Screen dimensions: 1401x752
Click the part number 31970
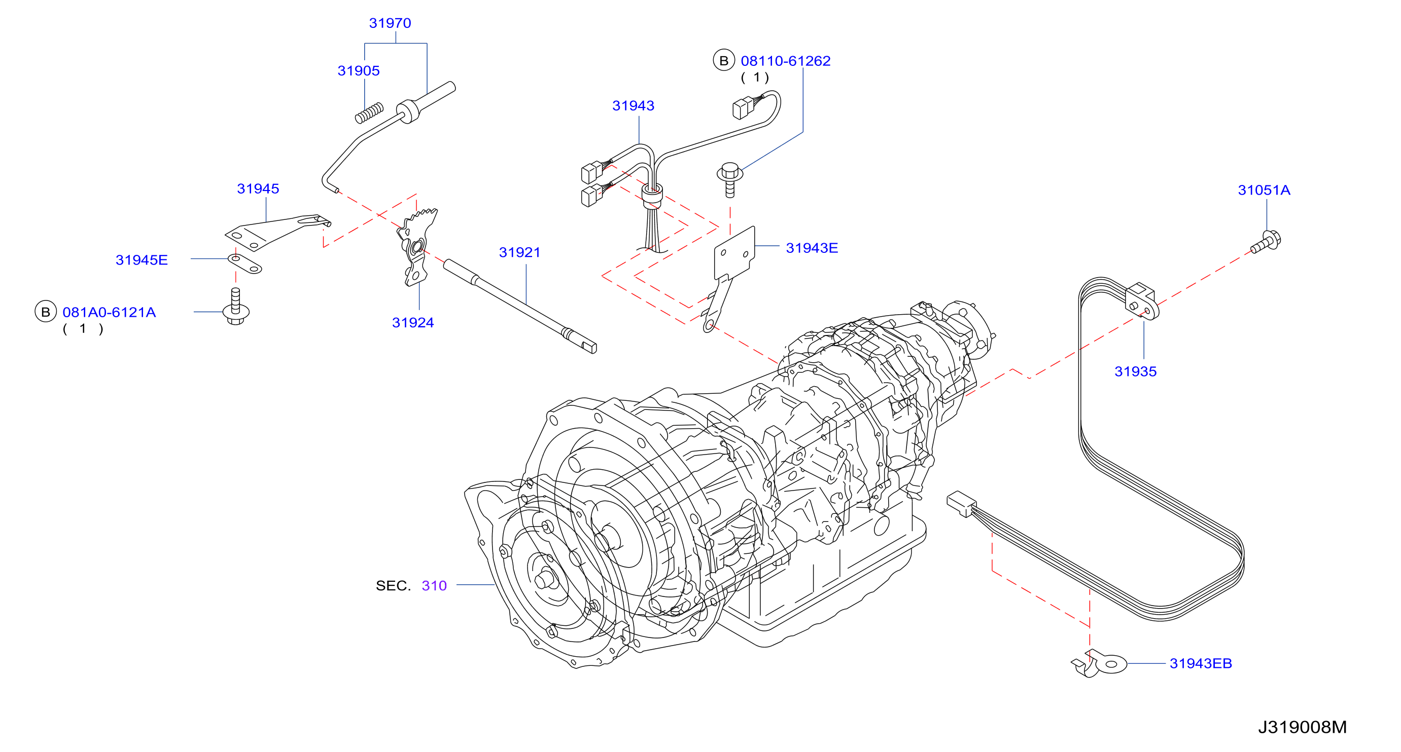click(390, 23)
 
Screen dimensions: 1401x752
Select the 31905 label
click(359, 70)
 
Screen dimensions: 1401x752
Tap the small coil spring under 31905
click(369, 112)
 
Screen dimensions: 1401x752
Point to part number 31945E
click(142, 260)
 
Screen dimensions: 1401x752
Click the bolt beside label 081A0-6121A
click(236, 307)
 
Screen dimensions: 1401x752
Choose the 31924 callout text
click(413, 323)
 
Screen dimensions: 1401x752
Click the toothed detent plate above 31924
click(417, 247)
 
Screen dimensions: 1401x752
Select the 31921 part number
click(520, 253)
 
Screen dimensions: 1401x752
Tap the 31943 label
click(633, 105)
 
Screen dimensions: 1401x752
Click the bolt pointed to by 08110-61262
click(730, 179)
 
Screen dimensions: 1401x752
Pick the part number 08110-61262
click(785, 61)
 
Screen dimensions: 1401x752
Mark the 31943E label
click(812, 248)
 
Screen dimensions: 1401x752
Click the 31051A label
click(1264, 190)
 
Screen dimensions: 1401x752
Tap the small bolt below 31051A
click(1266, 242)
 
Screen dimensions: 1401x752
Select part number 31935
click(1136, 371)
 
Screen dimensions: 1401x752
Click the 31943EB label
click(1201, 663)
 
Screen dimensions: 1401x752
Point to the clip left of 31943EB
click(1099, 663)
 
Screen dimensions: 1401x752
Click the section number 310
click(434, 586)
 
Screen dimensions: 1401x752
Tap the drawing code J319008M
click(1303, 727)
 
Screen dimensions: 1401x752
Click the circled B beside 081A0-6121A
click(46, 311)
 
